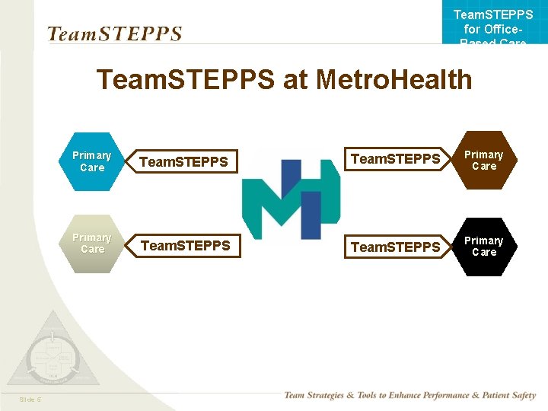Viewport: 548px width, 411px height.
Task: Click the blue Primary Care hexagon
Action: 92,161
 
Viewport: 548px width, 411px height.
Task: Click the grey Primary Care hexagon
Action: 92,244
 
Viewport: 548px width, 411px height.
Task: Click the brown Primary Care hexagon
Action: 484,161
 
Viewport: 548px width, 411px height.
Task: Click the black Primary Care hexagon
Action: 484,247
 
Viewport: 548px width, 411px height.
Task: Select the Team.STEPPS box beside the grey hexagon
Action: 186,246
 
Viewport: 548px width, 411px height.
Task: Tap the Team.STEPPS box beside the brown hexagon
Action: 396,159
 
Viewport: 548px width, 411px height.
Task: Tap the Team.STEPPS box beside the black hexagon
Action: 396,247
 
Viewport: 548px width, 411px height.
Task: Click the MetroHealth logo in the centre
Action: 290,194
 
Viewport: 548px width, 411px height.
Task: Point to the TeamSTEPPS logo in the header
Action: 114,34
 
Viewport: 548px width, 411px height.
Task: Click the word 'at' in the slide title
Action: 294,80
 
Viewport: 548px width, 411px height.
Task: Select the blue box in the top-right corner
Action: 493,23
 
